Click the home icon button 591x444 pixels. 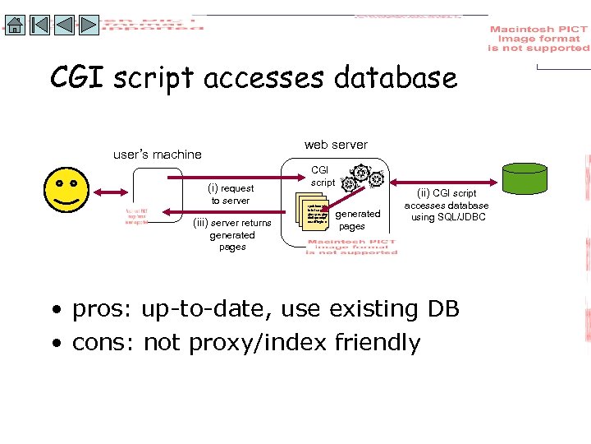tap(14, 24)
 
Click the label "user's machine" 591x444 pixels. tap(157, 154)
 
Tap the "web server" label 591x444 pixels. tap(336, 145)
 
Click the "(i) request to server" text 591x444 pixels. tap(232, 194)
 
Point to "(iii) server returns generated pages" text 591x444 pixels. tap(232, 234)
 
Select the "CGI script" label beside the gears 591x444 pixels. tap(323, 176)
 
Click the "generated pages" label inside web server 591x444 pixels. tap(358, 220)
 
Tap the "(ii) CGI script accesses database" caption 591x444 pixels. tap(447, 206)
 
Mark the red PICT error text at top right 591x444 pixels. tap(538, 39)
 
